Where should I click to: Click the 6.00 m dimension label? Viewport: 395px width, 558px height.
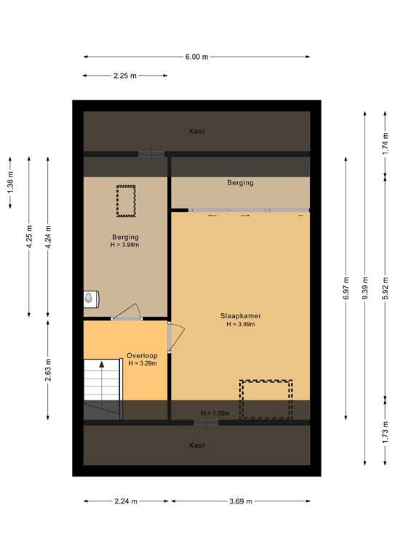coord(196,57)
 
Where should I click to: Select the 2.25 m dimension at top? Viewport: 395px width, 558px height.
coord(125,75)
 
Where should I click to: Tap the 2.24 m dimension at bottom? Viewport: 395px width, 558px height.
coord(125,501)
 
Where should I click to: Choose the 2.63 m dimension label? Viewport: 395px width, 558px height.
coord(48,369)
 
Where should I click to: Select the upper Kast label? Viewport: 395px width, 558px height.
coord(196,132)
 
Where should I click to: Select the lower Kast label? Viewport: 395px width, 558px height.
coord(196,445)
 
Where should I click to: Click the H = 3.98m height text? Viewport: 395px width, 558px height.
coord(125,246)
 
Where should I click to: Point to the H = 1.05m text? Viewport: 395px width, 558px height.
coord(215,413)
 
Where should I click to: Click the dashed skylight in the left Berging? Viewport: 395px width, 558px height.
coord(127,201)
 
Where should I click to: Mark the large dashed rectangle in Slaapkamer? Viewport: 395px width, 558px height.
coord(266,400)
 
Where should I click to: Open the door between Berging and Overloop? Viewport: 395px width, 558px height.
coord(127,312)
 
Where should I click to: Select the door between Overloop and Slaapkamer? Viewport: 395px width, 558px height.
coord(176,338)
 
